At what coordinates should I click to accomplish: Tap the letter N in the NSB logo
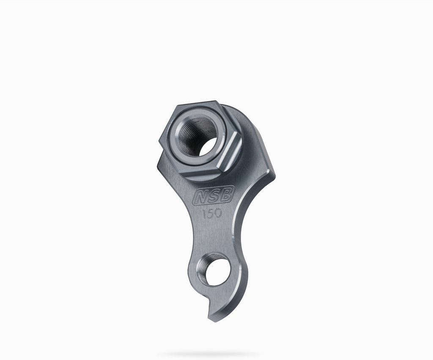coord(201,196)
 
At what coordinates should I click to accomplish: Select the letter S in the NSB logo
coord(213,196)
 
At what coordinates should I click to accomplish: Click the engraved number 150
coord(212,213)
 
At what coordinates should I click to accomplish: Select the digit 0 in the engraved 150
coord(218,213)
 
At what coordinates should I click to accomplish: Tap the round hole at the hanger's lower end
coord(214,270)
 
